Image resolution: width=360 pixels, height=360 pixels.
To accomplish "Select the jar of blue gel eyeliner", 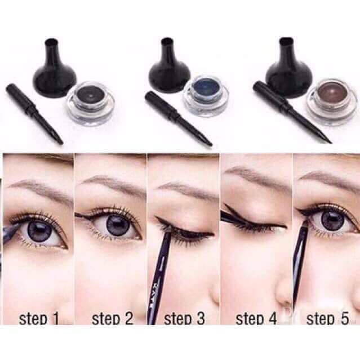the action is coord(206,99).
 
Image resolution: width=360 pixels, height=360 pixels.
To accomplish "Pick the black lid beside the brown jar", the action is coord(286,67).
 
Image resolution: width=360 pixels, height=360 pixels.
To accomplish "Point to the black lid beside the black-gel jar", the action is coord(55,67).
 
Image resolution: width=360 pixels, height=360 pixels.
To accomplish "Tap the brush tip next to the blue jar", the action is coord(207,140).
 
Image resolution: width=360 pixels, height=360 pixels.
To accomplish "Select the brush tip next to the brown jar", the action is coord(327,139).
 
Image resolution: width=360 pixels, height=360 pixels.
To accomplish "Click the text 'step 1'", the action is coord(38,319).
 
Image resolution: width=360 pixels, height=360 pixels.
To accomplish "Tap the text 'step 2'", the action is coord(112,319).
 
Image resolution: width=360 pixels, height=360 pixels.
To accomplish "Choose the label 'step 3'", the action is coord(184,319).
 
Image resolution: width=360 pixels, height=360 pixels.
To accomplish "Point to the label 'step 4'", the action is coord(256,319).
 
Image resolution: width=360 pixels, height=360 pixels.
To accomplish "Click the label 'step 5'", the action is coord(327,319).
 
